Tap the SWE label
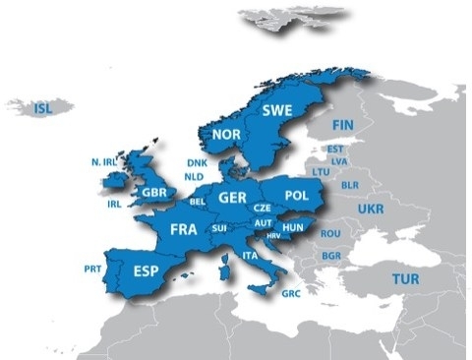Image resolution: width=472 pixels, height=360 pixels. (x=277, y=109)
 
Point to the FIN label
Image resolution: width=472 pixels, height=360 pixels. (x=343, y=125)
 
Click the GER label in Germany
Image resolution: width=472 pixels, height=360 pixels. (x=232, y=198)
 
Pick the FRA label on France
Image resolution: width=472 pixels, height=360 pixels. (x=184, y=228)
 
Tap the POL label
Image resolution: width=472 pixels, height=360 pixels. (x=296, y=196)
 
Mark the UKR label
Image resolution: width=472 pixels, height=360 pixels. (x=371, y=210)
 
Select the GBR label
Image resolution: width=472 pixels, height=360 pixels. (x=153, y=192)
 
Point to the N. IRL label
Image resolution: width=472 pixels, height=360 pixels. (x=103, y=161)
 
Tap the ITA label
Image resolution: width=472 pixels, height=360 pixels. (x=250, y=256)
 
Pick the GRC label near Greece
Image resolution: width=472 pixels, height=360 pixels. (x=291, y=293)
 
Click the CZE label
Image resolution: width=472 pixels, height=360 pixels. (x=262, y=209)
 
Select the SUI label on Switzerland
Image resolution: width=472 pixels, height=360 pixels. (x=219, y=228)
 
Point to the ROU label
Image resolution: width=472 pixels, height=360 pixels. (x=329, y=233)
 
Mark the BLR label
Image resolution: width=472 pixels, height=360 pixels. (x=349, y=185)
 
